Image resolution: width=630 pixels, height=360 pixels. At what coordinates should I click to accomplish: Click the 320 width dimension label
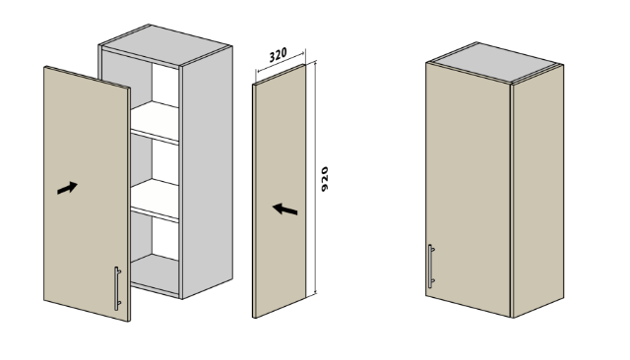(278, 55)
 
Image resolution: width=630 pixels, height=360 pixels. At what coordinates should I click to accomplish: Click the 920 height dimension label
(325, 179)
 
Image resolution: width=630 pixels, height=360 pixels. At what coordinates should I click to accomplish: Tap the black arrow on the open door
(67, 188)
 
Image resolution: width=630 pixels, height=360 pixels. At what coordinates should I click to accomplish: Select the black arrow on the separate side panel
(284, 210)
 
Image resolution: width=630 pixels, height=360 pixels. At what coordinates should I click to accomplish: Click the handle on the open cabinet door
(117, 288)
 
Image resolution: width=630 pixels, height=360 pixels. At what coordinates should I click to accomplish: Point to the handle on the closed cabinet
(431, 267)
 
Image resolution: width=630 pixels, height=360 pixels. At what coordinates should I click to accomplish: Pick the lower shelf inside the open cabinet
(155, 200)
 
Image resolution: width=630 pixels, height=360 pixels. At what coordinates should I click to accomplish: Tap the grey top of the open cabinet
(165, 44)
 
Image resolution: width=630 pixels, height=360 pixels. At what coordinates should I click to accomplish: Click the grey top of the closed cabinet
(495, 62)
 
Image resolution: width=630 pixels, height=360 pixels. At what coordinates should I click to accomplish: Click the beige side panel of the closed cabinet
(538, 191)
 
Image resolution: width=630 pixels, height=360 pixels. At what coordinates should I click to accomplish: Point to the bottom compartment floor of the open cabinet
(156, 272)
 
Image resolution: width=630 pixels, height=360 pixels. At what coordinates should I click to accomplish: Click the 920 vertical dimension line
(315, 177)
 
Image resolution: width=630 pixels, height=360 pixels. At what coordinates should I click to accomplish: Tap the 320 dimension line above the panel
(281, 61)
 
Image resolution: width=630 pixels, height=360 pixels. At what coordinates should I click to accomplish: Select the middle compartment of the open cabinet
(155, 160)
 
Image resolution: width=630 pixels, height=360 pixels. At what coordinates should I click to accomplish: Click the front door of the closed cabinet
(469, 190)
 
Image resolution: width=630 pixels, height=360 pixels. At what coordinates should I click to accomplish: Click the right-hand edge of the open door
(129, 205)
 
